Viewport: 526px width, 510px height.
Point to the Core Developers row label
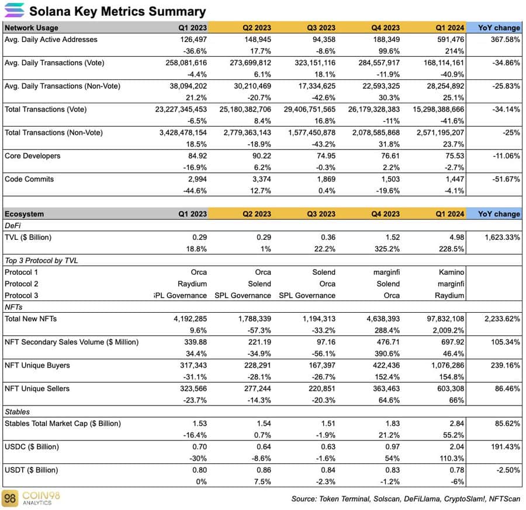coord(32,156)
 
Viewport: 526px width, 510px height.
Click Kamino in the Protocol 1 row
coord(452,272)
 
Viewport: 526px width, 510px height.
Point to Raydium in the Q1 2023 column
coord(191,284)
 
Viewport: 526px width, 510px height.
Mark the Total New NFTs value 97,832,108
coord(438,319)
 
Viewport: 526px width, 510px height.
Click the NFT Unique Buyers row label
coord(37,365)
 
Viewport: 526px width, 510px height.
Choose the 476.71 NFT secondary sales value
coord(387,342)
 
